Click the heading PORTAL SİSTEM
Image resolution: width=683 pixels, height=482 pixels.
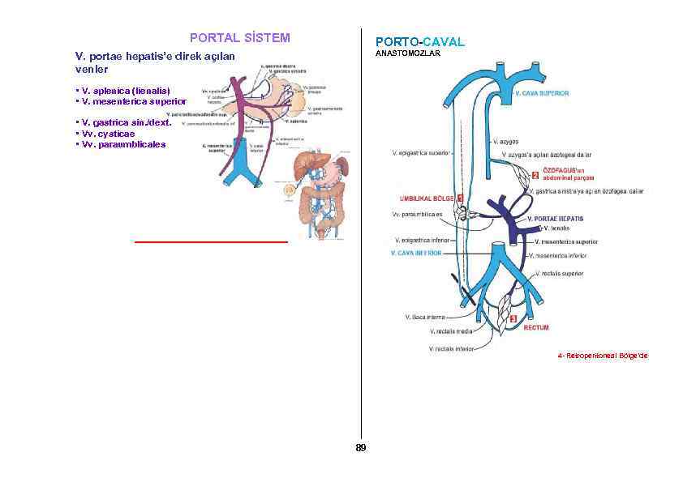239,37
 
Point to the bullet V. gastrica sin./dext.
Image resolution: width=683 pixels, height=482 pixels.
122,123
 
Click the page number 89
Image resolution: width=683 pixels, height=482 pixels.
360,447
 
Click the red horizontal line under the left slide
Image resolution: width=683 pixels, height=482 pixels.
211,241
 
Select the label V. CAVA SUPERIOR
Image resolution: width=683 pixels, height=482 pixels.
542,93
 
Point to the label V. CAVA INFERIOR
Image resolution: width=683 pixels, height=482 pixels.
415,253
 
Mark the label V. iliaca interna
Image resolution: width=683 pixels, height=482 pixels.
424,317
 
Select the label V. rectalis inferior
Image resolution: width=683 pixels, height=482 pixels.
452,349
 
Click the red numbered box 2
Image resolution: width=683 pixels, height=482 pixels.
535,176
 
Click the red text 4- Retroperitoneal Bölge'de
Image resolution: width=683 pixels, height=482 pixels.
603,356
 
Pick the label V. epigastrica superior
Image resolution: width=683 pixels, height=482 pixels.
421,151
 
